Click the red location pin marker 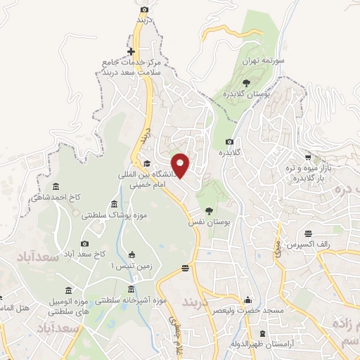coord(181,165)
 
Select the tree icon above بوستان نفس coord(209,210)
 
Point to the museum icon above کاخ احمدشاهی coord(56,186)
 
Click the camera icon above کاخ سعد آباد coord(85,243)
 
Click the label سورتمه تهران coord(263,61)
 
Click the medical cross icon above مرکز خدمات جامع coord(132,51)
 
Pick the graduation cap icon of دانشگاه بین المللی coord(147,163)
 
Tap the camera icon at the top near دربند coord(144,9)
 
